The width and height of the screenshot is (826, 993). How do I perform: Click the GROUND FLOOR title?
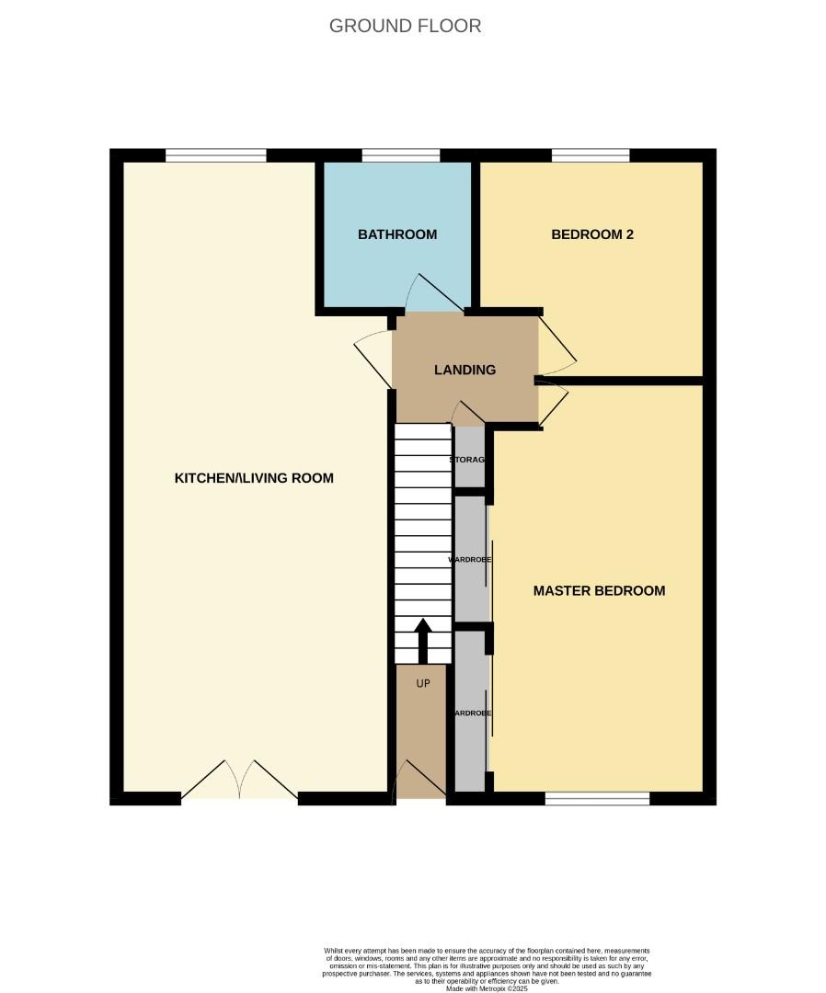pyautogui.click(x=405, y=26)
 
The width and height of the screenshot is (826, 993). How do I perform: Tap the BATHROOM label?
pyautogui.click(x=397, y=234)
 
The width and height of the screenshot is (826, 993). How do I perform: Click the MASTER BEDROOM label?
pyautogui.click(x=599, y=590)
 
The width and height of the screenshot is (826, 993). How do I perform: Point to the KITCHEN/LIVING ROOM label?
pyautogui.click(x=254, y=478)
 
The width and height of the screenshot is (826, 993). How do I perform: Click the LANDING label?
pyautogui.click(x=465, y=370)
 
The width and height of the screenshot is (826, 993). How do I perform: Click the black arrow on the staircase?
pyautogui.click(x=423, y=640)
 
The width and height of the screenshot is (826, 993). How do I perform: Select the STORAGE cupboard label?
pyautogui.click(x=468, y=459)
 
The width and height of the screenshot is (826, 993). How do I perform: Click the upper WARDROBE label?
pyautogui.click(x=469, y=559)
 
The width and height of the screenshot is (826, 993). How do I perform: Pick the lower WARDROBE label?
pyautogui.click(x=469, y=713)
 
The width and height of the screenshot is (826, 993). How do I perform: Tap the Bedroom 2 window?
pyautogui.click(x=591, y=154)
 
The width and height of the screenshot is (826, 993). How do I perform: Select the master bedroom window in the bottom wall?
pyautogui.click(x=597, y=798)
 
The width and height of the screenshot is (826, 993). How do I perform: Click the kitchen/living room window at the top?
pyautogui.click(x=216, y=154)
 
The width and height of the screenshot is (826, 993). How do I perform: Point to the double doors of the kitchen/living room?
pyautogui.click(x=240, y=782)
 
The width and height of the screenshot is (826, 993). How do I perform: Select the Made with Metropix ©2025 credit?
pyautogui.click(x=488, y=988)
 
